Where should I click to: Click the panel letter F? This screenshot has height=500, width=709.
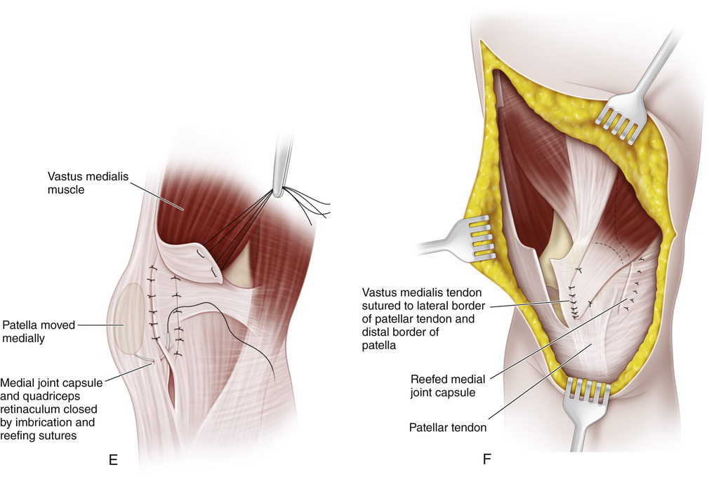(486, 460)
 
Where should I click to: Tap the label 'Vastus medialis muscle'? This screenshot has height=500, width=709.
(84, 183)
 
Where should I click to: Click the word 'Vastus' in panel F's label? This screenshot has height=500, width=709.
(378, 291)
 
